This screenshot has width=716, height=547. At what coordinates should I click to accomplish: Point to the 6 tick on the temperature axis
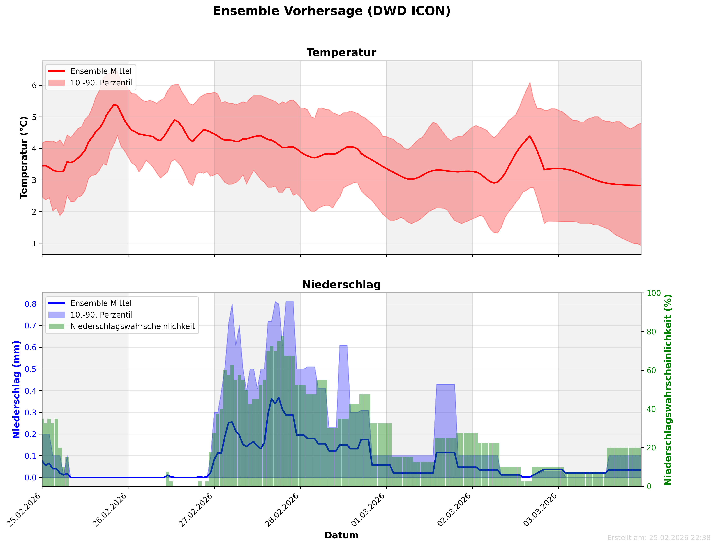click(x=34, y=85)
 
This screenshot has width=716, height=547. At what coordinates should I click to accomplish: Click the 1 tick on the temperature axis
click(x=34, y=243)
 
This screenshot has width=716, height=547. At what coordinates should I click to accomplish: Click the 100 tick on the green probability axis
click(x=654, y=293)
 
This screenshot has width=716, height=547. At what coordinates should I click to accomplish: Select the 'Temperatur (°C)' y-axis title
click(x=23, y=158)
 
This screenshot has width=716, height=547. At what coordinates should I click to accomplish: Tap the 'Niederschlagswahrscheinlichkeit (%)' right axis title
click(x=668, y=389)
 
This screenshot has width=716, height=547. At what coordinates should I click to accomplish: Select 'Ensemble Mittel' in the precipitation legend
click(x=101, y=303)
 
